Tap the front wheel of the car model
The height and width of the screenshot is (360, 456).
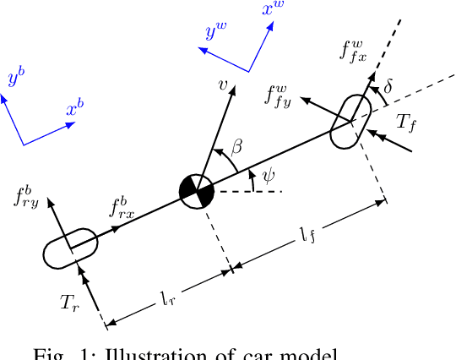click(349, 123)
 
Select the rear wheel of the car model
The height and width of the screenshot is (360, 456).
click(71, 248)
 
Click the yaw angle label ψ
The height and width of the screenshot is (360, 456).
click(268, 177)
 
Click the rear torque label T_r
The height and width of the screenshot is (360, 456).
click(68, 302)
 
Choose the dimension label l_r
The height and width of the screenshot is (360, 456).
click(170, 298)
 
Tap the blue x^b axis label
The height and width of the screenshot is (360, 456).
click(74, 110)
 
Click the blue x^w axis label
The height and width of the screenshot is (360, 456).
click(272, 13)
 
